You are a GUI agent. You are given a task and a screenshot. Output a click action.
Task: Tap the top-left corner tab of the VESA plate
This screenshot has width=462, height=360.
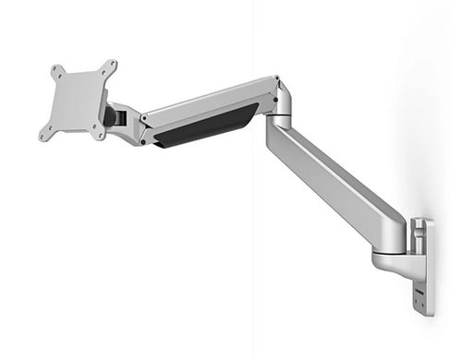(x=56, y=70)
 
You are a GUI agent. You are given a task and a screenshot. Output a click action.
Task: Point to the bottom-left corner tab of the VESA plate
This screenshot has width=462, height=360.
(x=43, y=137)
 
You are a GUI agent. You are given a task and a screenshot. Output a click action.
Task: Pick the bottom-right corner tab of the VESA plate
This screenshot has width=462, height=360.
(x=99, y=134)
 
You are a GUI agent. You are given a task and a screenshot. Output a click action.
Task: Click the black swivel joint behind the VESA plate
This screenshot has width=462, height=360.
(x=112, y=116)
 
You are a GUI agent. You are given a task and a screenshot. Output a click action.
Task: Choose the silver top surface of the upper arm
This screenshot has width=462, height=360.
(x=208, y=97)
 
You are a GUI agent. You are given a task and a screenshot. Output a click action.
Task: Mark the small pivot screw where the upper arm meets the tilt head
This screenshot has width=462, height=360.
(x=146, y=118)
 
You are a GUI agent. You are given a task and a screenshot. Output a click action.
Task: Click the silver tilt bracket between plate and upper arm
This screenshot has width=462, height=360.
(x=129, y=124)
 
